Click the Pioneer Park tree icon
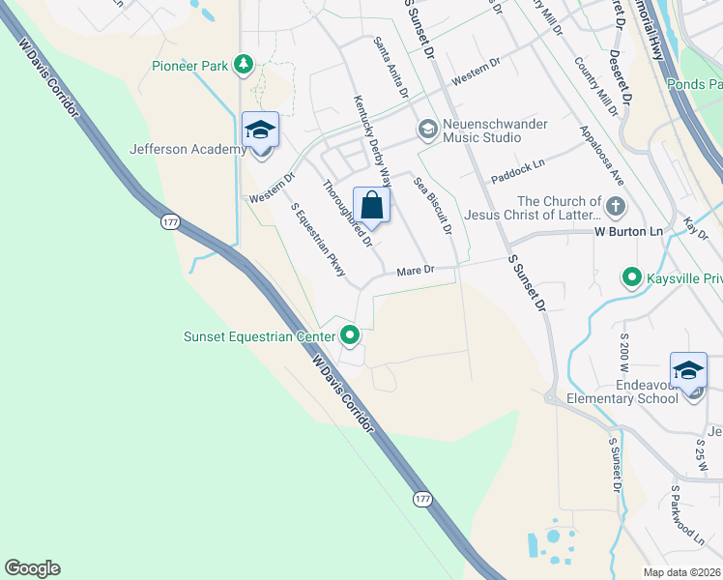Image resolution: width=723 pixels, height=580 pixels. pyautogui.click(x=246, y=66)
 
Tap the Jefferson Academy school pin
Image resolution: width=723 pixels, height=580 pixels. pyautogui.click(x=259, y=130)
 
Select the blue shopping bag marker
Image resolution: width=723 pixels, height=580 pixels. pyautogui.click(x=371, y=205)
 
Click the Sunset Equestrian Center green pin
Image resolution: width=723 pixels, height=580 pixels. pyautogui.click(x=350, y=336)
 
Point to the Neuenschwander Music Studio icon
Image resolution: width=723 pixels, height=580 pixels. pyautogui.click(x=426, y=130)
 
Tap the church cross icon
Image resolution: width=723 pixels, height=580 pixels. pyautogui.click(x=614, y=205)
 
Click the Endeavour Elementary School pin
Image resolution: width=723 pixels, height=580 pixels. pyautogui.click(x=689, y=372)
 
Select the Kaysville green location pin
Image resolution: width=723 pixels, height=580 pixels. pyautogui.click(x=632, y=278)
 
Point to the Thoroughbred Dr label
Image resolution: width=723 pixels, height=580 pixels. pyautogui.click(x=347, y=213)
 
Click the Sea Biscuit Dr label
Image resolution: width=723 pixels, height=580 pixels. pyautogui.click(x=432, y=206)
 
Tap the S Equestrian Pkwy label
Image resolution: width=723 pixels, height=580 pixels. pyautogui.click(x=318, y=240)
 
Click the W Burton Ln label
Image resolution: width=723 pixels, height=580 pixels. pyautogui.click(x=628, y=232)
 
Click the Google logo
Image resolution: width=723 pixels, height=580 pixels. pyautogui.click(x=32, y=568)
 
